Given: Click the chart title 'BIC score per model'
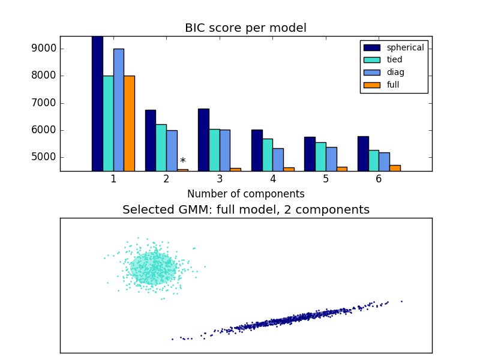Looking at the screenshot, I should [x=245, y=28].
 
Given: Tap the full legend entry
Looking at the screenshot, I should [x=393, y=85].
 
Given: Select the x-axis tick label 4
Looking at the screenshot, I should [x=273, y=179].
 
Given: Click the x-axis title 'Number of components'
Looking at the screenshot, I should [x=245, y=194].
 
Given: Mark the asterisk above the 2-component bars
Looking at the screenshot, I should [x=182, y=161].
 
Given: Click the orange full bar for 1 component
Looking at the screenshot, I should [x=129, y=123].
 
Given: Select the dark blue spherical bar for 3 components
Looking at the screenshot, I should [x=203, y=140].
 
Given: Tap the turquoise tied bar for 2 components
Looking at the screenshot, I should [x=161, y=148].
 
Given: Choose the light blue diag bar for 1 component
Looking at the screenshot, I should [x=118, y=110].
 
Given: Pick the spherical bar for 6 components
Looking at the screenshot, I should [x=363, y=154].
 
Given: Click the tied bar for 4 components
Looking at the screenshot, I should [x=268, y=155].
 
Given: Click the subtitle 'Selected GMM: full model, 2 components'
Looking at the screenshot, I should [x=245, y=210].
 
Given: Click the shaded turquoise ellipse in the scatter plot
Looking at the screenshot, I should [x=154, y=268].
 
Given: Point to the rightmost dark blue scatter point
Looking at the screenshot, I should [x=401, y=301].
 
